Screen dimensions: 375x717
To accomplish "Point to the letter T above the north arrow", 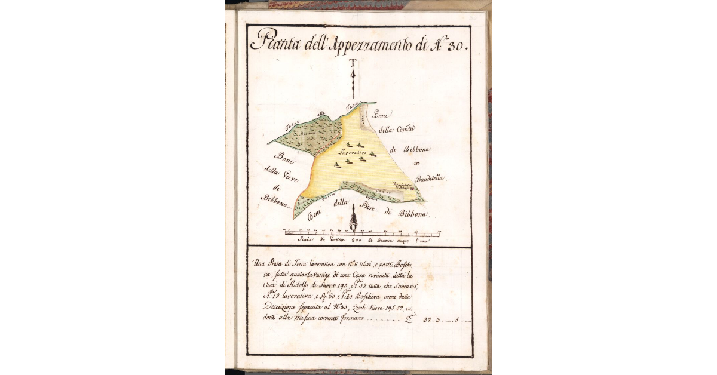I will coord(353,63).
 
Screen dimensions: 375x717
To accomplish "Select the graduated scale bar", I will coord(361,232).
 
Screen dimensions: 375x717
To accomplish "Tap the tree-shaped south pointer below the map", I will coord(353,219).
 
